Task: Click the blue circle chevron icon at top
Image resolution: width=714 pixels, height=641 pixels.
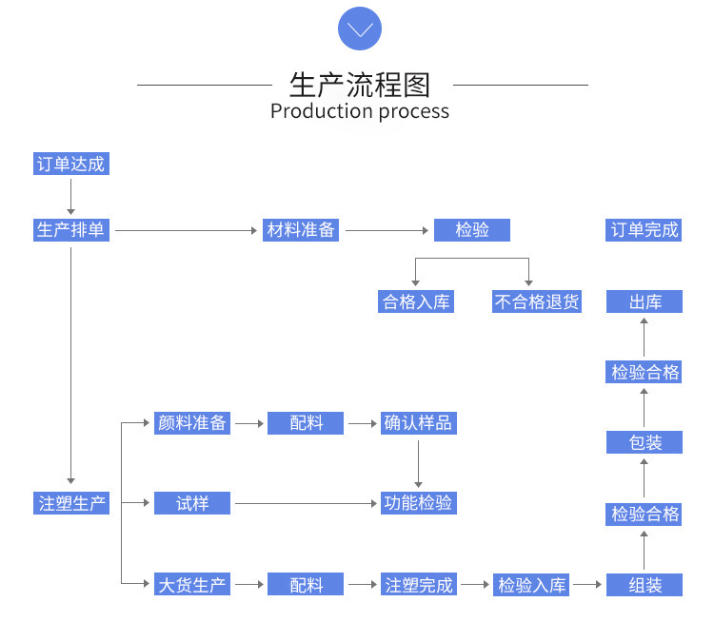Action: click(360, 29)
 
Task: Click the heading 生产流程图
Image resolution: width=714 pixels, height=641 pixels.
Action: click(360, 85)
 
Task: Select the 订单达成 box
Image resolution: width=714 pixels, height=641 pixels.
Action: click(70, 164)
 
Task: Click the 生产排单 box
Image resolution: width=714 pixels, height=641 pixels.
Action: click(70, 230)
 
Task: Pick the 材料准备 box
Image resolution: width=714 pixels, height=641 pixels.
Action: click(301, 230)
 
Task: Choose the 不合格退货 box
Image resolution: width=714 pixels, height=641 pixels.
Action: click(537, 302)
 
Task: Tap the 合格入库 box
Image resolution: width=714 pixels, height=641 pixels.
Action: click(415, 302)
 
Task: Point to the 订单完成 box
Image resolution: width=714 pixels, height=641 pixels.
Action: click(645, 230)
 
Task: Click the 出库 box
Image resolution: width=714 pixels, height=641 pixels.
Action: click(645, 302)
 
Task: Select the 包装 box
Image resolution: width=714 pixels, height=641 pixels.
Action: click(645, 442)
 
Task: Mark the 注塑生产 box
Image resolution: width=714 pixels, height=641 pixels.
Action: click(72, 503)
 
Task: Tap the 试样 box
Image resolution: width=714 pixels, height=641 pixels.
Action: click(192, 503)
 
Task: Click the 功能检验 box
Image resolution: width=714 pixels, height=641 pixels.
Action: click(418, 503)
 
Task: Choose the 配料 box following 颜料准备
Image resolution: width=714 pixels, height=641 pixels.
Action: click(306, 423)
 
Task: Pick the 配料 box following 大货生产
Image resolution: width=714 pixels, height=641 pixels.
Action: click(306, 585)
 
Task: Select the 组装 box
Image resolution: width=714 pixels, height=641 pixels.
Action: click(645, 585)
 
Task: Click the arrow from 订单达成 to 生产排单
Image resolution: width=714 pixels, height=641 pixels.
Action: click(70, 196)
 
